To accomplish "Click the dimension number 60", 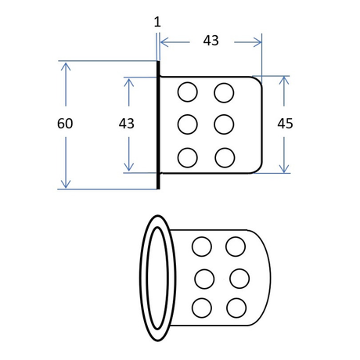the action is tap(65, 124).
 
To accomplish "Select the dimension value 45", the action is tap(285, 124).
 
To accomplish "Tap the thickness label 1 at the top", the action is tap(157, 22).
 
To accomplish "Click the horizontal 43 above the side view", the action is tap(211, 41).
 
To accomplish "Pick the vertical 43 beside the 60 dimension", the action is tap(127, 124).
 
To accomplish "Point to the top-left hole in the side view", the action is tap(188, 92).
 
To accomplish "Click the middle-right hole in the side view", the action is tap(224, 124).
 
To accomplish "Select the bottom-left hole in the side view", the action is tap(188, 157).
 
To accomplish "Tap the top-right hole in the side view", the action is tap(224, 92).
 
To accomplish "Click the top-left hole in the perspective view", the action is tap(202, 247).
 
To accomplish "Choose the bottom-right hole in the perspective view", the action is tap(236, 308).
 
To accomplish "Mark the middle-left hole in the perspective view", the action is tap(204, 279).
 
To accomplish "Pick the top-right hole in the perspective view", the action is tap(236, 247).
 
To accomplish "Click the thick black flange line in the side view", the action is tap(158, 125).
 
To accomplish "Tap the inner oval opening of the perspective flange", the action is tap(147, 278).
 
